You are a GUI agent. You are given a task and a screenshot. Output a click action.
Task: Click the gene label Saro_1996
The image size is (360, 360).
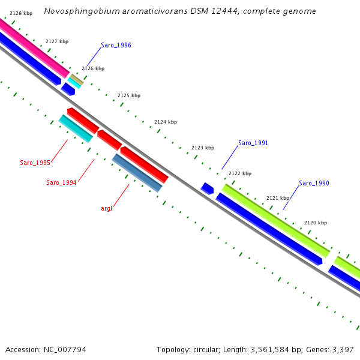click(116, 45)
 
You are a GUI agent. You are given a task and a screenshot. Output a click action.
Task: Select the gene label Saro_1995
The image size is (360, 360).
click(35, 163)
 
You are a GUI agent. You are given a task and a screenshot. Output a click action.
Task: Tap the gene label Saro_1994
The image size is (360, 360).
click(61, 182)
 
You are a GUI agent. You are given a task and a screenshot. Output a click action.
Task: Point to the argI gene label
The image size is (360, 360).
click(106, 208)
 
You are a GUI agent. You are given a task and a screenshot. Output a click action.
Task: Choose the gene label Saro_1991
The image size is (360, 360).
click(253, 143)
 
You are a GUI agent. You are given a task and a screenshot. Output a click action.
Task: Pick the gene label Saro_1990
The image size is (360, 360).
click(314, 183)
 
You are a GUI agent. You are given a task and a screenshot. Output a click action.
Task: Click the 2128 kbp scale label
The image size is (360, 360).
click(21, 13)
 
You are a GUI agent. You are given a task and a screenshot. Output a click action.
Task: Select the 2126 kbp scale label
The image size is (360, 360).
click(93, 68)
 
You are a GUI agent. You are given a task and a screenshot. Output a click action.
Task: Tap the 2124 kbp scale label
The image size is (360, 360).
click(166, 122)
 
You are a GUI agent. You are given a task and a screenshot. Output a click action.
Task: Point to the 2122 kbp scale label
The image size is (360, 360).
click(240, 173)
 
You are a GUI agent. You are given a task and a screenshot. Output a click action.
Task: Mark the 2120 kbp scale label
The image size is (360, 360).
click(316, 223)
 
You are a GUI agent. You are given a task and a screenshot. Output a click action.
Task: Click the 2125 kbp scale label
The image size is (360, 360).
click(129, 95)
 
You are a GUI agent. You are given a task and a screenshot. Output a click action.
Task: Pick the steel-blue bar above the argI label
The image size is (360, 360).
click(137, 173)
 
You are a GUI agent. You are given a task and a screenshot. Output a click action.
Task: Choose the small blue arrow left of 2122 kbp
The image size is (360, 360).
click(207, 188)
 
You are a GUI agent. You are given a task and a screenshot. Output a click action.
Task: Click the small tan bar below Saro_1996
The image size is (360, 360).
click(77, 79)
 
